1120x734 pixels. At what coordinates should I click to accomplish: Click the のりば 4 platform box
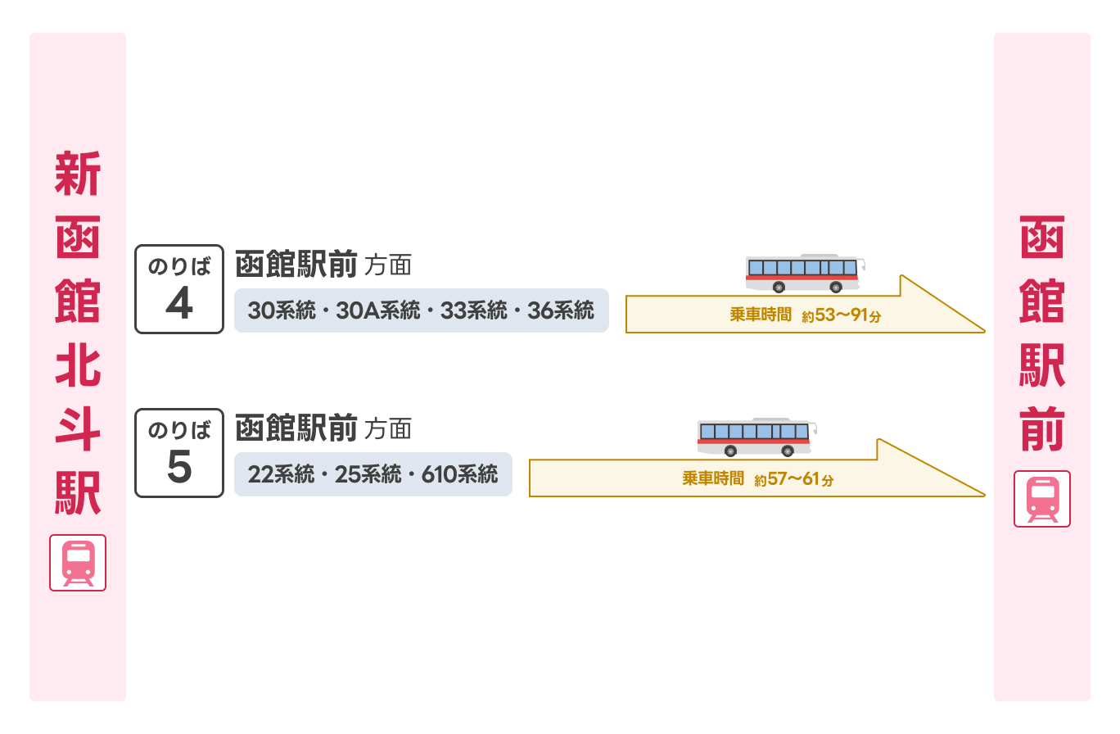click(178, 288)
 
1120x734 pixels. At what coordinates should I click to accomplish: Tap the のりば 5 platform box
click(178, 452)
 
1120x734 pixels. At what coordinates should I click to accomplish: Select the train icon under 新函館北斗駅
click(78, 563)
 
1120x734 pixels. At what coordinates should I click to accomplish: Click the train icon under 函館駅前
click(1042, 499)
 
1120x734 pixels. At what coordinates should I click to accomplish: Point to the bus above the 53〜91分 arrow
click(806, 273)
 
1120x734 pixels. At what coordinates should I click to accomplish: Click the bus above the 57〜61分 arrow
click(757, 437)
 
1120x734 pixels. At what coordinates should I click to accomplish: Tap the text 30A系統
click(378, 310)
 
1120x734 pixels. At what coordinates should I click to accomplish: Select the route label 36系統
click(561, 310)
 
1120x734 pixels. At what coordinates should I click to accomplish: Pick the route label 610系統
click(459, 474)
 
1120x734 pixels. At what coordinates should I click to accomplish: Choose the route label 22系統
click(281, 474)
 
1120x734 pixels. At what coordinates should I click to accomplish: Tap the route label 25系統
click(368, 474)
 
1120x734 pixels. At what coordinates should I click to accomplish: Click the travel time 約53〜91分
click(842, 315)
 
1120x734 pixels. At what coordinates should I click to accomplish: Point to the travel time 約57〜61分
click(794, 479)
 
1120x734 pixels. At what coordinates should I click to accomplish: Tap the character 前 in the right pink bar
click(1042, 428)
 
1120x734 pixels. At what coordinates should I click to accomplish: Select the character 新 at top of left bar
click(78, 174)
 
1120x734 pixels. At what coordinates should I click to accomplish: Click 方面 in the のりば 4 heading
click(387, 266)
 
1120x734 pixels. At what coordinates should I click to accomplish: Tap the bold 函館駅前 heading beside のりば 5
click(296, 428)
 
